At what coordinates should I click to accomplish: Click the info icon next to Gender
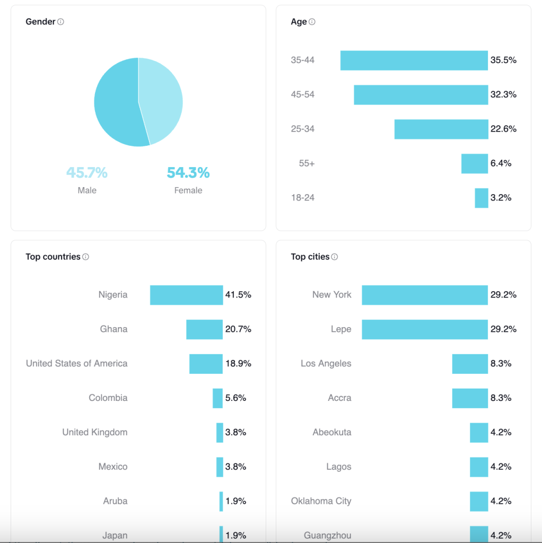(x=60, y=22)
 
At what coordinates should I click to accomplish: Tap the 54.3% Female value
(x=188, y=173)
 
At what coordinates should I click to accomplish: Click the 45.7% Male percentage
(x=87, y=173)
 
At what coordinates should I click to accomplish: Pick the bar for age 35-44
(x=414, y=60)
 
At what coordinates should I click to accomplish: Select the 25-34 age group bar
(x=441, y=129)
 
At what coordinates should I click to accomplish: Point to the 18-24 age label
(x=302, y=198)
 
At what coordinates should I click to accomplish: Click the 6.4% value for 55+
(x=501, y=163)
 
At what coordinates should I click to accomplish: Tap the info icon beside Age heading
(x=312, y=22)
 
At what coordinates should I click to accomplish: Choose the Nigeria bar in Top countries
(x=186, y=295)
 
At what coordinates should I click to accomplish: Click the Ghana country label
(x=113, y=329)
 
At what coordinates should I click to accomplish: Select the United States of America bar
(x=206, y=364)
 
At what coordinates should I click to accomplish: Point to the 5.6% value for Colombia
(x=235, y=398)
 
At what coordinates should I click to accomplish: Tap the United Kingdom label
(x=95, y=432)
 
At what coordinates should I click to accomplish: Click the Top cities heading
(x=310, y=257)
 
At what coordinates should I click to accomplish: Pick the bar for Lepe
(x=424, y=329)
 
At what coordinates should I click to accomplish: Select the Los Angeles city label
(x=326, y=364)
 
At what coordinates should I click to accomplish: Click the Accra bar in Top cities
(x=469, y=398)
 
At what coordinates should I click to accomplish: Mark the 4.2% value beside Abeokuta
(x=501, y=432)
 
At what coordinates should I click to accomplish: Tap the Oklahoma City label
(x=321, y=501)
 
